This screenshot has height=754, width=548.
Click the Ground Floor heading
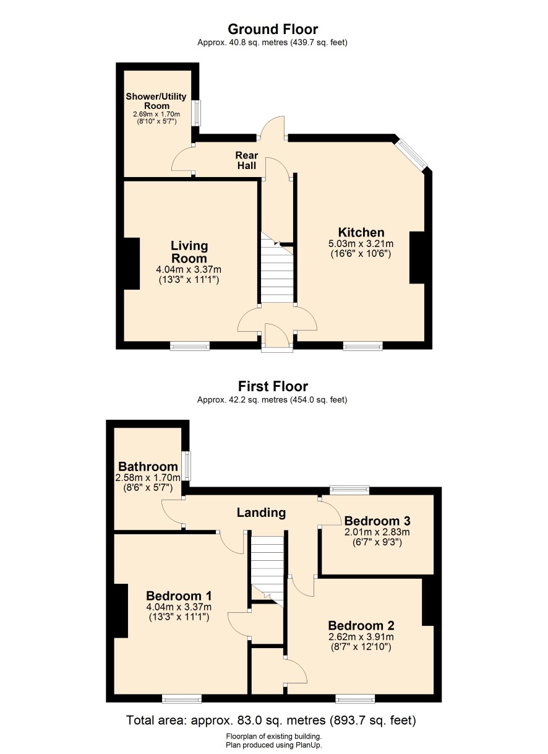(x=273, y=30)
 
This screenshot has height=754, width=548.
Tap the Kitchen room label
(x=361, y=232)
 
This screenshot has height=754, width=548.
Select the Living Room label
(x=189, y=252)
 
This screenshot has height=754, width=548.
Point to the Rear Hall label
(x=247, y=160)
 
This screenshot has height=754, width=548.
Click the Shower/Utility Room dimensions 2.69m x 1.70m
(x=156, y=114)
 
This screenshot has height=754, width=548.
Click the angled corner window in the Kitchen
(x=411, y=154)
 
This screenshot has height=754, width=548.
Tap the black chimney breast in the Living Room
(x=132, y=264)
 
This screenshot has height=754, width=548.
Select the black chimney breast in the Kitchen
(x=417, y=258)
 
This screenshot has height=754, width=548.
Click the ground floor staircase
(x=277, y=268)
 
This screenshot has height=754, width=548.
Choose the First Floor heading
(x=273, y=386)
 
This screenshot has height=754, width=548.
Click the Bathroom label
(x=148, y=467)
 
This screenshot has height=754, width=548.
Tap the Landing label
(x=261, y=513)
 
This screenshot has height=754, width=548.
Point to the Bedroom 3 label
(x=377, y=521)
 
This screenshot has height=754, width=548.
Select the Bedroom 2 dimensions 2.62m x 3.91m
(x=361, y=636)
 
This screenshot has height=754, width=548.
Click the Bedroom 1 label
(x=179, y=596)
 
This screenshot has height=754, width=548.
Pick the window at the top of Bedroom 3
(x=349, y=490)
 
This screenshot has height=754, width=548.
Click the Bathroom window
(x=186, y=466)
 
